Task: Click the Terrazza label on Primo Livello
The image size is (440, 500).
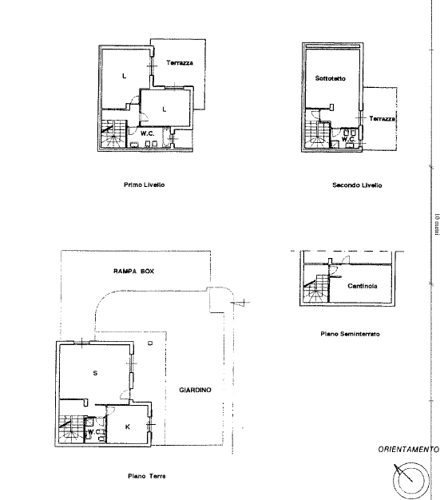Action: (180, 62)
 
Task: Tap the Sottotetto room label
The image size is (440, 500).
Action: (328, 77)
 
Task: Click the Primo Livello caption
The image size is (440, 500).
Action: (144, 184)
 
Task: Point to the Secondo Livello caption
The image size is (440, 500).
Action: (357, 185)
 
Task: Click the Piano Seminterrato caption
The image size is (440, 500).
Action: (349, 333)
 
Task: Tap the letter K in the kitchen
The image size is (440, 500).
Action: (128, 426)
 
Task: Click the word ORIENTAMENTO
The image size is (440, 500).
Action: (408, 450)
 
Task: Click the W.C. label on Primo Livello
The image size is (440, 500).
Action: (148, 133)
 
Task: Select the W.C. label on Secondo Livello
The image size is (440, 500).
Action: (347, 139)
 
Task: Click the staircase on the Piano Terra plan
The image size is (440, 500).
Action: (73, 429)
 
